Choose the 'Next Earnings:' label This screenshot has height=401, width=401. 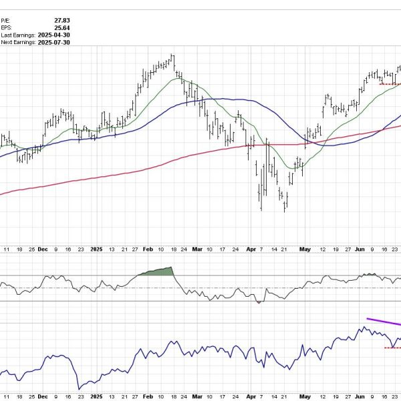tap(18, 42)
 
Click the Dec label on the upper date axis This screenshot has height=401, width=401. tap(42, 249)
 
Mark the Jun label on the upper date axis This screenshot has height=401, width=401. tap(358, 249)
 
